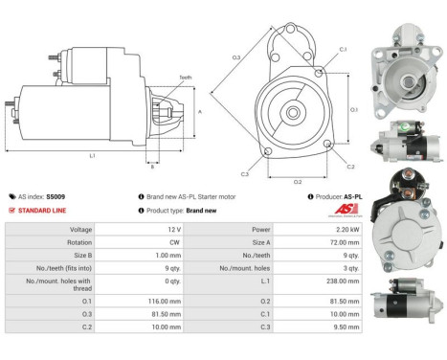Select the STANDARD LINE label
[43, 210]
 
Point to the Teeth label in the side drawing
[185, 78]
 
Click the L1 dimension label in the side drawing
[91, 155]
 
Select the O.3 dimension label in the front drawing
[235, 57]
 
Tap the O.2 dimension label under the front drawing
[298, 180]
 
